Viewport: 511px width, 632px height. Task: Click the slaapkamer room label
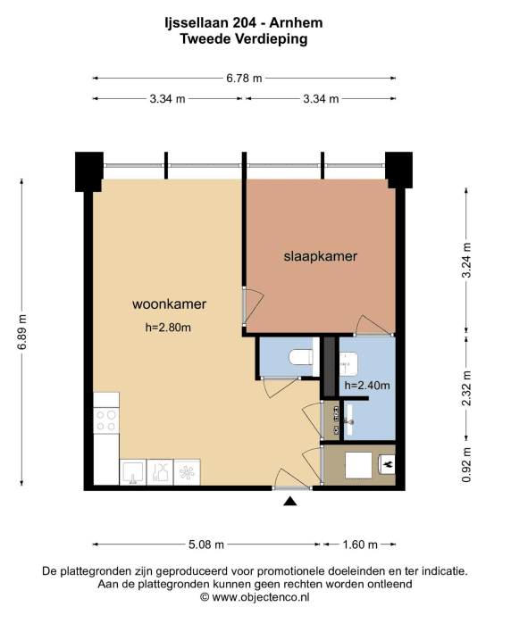320,256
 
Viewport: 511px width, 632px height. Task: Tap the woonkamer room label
170,304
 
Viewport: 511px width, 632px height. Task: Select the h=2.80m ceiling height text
168,328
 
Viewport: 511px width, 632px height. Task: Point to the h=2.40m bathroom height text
367,386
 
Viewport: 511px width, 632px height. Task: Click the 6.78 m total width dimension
244,78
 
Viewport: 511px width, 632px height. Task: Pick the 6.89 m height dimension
21,332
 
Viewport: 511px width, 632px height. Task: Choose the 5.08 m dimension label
206,545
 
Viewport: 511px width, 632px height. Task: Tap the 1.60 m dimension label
360,545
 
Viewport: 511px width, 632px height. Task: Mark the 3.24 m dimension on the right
466,260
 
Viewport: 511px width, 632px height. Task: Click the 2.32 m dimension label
466,388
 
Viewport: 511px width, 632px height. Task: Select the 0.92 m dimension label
466,464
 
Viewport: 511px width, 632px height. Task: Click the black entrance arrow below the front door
290,501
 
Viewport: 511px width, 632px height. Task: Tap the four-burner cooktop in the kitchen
106,420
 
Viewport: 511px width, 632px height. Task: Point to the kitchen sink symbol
133,472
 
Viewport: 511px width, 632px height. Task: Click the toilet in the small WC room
301,357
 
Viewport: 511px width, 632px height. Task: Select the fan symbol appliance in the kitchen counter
187,472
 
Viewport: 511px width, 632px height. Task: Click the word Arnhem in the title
296,23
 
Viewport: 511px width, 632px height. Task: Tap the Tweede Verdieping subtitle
244,39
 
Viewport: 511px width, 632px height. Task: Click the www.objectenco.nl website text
261,597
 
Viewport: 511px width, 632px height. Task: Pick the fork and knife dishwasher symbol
160,472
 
